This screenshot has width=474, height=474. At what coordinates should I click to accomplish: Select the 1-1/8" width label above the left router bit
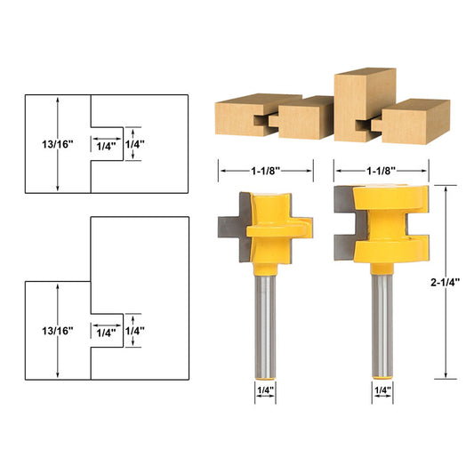tap(266, 167)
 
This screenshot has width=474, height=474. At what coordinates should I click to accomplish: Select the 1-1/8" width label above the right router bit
tap(380, 167)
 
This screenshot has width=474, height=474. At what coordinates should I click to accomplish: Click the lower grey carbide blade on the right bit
tap(342, 237)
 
